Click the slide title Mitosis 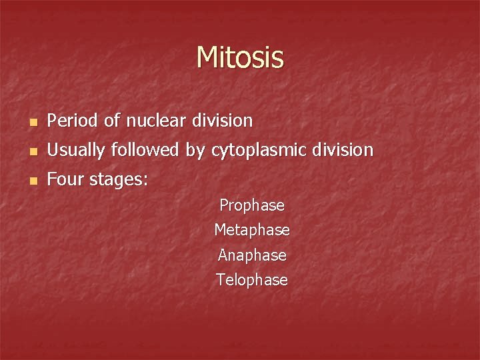(240, 57)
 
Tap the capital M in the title (207, 57)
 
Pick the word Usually (75, 151)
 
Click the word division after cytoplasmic (343, 151)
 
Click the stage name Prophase (252, 205)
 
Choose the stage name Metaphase (252, 230)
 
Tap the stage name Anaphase (252, 255)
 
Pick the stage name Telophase (252, 280)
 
